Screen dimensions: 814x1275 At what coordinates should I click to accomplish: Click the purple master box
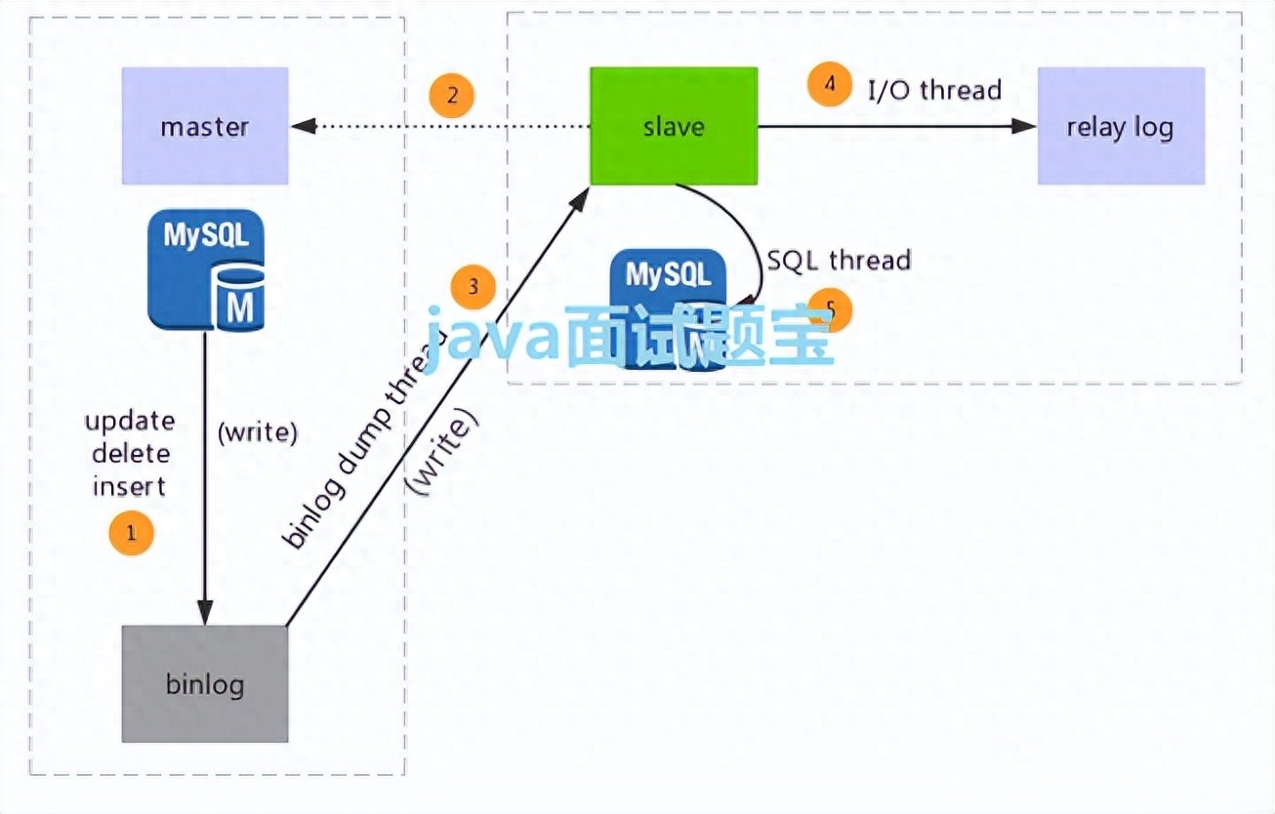205,126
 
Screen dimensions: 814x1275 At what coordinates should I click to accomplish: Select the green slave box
674,126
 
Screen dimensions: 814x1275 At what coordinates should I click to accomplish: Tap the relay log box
1120,126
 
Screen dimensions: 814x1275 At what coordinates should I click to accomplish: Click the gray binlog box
205,683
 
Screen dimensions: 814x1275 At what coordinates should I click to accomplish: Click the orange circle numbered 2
452,96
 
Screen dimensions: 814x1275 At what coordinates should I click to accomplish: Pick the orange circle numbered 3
473,287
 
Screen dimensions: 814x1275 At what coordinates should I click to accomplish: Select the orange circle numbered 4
830,84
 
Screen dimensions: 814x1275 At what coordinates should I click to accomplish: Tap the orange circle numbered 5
830,308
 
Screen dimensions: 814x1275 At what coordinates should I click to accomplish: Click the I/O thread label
935,90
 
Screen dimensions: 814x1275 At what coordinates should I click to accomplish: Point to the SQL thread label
839,260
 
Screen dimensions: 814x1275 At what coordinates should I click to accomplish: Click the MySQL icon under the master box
206,268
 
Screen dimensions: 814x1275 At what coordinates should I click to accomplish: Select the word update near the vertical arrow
130,422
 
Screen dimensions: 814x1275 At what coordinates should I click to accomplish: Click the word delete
130,453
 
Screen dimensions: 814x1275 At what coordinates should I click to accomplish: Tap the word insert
130,485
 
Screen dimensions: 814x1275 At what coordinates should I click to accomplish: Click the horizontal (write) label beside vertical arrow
257,432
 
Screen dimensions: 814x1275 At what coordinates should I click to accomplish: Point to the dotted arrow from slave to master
439,126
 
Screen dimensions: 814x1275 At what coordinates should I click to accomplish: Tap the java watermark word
493,337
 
